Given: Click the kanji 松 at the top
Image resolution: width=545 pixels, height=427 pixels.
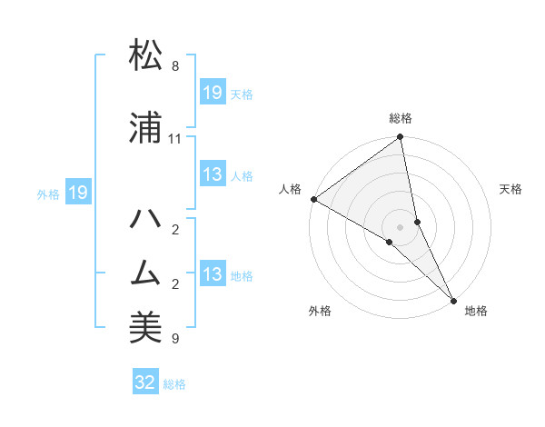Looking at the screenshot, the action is (146, 55).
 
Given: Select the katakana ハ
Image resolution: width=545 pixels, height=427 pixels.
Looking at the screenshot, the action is (146, 218).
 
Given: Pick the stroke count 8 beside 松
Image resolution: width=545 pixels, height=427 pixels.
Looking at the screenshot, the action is (175, 67).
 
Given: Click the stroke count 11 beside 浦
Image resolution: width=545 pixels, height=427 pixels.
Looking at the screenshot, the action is (175, 139).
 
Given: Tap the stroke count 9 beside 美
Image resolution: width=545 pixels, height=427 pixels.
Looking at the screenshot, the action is (175, 340).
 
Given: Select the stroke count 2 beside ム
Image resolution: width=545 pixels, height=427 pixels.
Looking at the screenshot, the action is (175, 285).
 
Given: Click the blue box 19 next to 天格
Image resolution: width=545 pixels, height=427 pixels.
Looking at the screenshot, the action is (213, 93).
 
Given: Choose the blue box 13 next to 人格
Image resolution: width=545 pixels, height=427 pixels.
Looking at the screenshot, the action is (213, 175).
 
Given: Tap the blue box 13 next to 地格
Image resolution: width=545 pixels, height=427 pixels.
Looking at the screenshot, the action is (213, 275).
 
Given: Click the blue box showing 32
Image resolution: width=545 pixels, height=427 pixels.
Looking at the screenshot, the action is (145, 382).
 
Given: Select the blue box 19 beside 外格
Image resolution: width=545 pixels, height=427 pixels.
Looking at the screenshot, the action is (77, 193).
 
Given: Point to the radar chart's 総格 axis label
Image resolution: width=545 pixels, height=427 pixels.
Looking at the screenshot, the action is (401, 118).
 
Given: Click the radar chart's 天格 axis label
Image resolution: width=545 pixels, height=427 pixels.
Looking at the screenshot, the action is (510, 189).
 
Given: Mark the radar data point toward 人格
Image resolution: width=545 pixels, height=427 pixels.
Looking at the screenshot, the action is (313, 199).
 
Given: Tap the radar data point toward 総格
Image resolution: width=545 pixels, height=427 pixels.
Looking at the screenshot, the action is (401, 137).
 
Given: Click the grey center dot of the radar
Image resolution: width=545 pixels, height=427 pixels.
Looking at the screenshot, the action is (401, 226).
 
